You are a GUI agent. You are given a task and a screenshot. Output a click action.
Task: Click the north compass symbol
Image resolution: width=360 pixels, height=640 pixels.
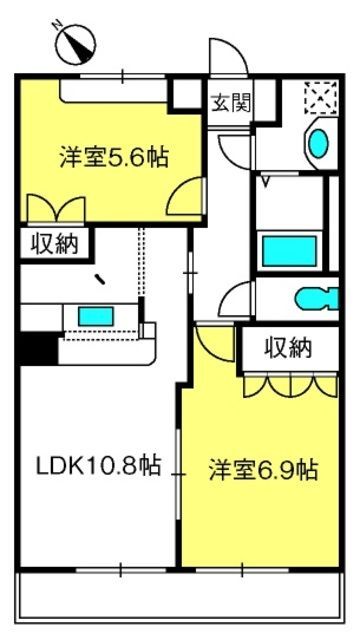[76, 44]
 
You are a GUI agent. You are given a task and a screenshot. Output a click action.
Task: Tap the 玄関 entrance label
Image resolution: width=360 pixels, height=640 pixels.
[230, 103]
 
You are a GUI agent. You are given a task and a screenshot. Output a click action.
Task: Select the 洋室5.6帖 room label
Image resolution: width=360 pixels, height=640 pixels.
[114, 157]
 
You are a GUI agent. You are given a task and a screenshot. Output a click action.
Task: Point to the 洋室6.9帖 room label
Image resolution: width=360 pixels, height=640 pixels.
[264, 470]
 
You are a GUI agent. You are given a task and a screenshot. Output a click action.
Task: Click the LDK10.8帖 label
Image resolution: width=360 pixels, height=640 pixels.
[98, 465]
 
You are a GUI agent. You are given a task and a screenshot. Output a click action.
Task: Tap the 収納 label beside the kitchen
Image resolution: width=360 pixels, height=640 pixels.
[55, 244]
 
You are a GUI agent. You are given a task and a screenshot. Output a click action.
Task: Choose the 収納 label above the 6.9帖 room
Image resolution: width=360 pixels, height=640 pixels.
[289, 348]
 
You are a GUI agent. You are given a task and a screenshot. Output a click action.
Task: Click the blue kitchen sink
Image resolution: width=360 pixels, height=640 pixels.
[96, 316]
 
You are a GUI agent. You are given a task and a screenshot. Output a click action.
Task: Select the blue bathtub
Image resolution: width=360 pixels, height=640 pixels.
[289, 251]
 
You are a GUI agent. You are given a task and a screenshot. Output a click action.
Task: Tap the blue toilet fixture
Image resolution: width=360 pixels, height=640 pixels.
[317, 298]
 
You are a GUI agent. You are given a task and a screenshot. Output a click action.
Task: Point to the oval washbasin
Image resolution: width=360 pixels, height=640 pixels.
[318, 143]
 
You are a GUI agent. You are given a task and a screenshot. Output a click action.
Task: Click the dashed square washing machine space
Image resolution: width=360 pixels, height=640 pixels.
[322, 97]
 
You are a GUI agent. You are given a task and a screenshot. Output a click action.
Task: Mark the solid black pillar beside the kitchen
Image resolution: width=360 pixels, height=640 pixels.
[39, 348]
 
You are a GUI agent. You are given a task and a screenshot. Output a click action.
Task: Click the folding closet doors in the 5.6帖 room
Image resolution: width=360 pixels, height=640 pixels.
[56, 209]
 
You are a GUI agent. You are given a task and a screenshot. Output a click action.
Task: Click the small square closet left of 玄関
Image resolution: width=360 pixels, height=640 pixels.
[186, 94]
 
